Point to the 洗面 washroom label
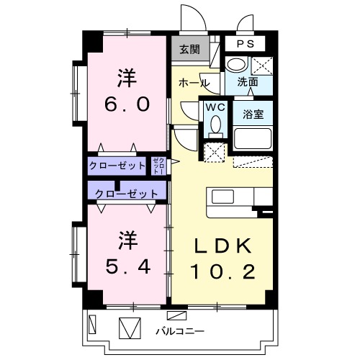(248, 82)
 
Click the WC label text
(214, 107)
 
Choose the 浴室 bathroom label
(253, 113)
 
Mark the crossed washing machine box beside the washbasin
(262, 64)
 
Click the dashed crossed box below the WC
(214, 152)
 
